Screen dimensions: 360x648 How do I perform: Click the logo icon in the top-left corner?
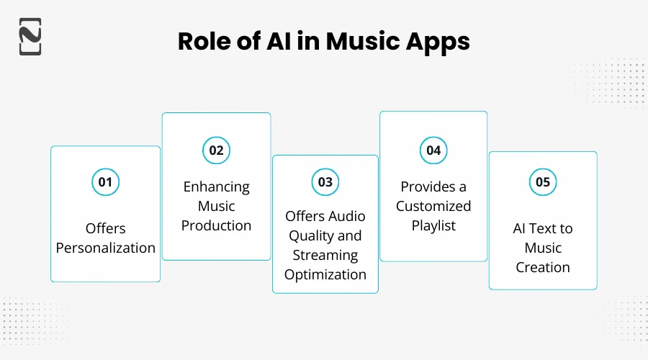point(30,36)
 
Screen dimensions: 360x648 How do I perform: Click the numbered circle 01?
point(105,182)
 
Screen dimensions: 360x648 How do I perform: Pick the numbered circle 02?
point(216,150)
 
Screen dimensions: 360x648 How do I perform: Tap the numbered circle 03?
point(325,182)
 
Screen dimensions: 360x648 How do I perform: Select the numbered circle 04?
point(433,150)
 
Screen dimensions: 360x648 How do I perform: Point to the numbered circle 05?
point(543,182)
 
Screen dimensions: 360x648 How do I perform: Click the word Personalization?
point(106,248)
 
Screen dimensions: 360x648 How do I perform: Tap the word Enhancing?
point(216,186)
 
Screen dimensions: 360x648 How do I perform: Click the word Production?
point(216,225)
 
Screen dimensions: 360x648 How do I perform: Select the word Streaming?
point(325,255)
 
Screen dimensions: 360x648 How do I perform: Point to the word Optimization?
point(325,274)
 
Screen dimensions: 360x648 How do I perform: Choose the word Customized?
point(433,206)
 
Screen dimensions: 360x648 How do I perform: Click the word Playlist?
point(433,225)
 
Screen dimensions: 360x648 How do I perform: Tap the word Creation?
point(543,267)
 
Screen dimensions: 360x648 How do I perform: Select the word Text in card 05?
point(544,228)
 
